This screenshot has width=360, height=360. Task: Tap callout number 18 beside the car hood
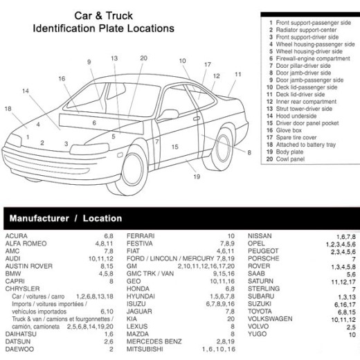8,109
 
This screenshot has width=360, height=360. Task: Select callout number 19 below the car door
197,177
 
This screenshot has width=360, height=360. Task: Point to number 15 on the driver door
175,147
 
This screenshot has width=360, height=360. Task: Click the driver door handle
197,118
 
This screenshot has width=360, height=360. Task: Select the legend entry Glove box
289,130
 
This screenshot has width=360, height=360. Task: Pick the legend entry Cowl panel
290,159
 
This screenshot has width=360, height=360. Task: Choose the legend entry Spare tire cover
296,138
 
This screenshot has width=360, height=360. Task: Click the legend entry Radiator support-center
306,30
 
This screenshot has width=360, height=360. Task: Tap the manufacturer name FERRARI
141,236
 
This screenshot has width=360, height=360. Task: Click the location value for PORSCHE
354,259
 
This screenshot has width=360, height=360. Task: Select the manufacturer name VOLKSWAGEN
270,318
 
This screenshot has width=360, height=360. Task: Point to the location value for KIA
231,319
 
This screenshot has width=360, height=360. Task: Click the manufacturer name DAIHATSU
21,334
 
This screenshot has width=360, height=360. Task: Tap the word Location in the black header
102,218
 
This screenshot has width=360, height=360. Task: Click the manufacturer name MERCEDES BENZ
154,341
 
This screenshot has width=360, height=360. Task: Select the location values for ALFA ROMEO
104,244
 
